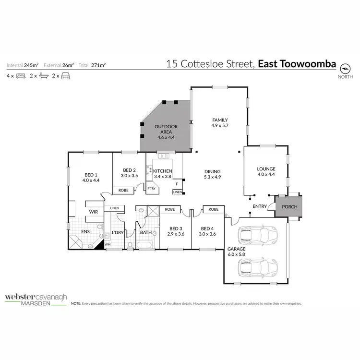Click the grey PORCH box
point(289,206)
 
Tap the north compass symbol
point(345,68)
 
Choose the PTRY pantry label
point(151,189)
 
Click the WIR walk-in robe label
point(93,211)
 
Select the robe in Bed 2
point(123,190)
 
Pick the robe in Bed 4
point(214,209)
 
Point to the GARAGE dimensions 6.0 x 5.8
point(237,255)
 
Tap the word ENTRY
point(260,206)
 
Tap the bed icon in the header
point(21,76)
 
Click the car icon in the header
point(66,76)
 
